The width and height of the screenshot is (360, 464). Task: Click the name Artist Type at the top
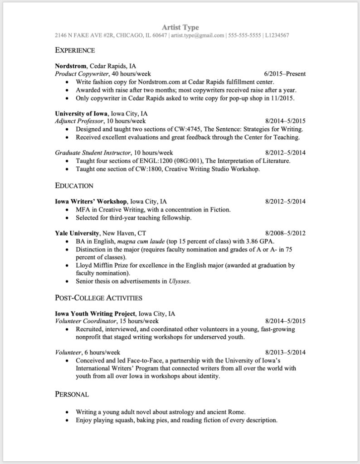coord(180,28)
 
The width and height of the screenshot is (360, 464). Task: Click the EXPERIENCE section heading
coord(75,50)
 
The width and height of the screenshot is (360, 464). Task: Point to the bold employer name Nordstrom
coord(71,66)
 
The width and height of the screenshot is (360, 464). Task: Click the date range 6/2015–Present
coord(284,74)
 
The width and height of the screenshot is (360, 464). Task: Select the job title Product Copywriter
coord(81,74)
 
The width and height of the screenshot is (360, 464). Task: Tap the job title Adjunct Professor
coord(80,121)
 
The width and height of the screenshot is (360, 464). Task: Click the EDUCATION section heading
coord(74,186)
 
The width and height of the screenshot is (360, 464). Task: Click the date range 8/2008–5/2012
coord(285,233)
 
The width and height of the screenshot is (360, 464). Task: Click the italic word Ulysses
coord(179,281)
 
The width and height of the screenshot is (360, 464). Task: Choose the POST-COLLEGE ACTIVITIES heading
coord(99,298)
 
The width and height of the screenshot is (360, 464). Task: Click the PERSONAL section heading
coord(72,395)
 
